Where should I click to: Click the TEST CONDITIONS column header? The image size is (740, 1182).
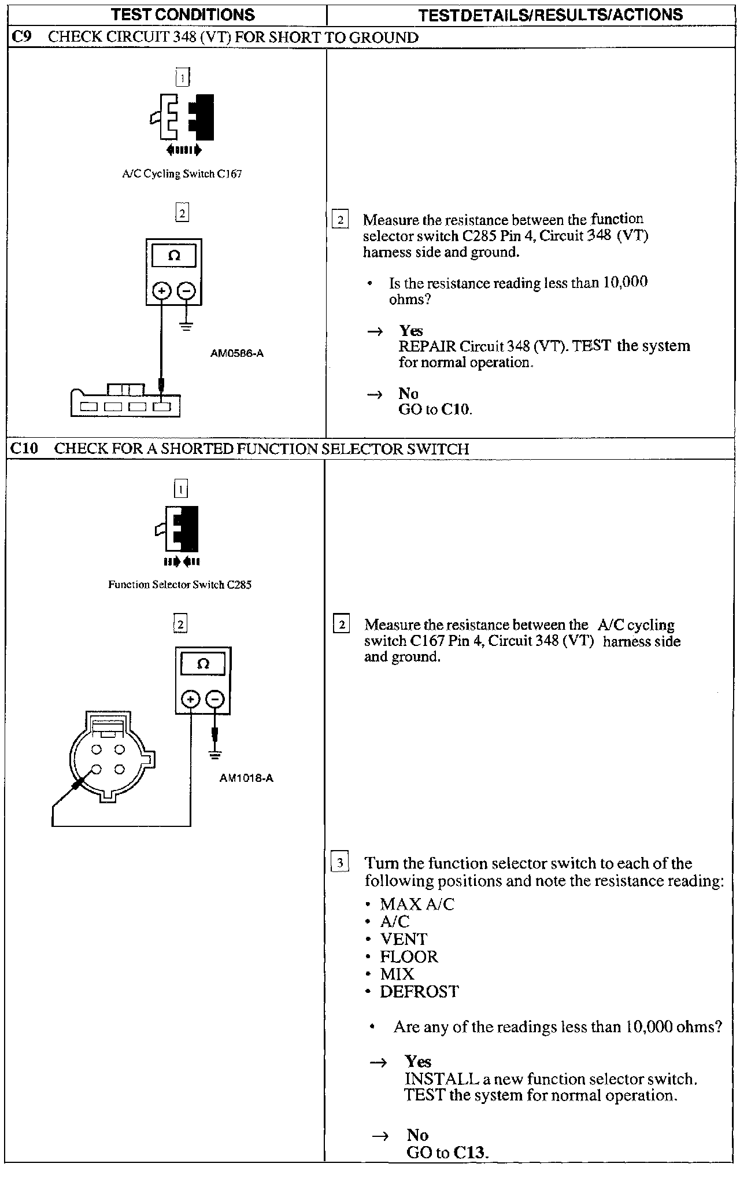[182, 14]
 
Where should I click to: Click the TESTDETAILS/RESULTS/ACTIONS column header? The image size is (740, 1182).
[550, 15]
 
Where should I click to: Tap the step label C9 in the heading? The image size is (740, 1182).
[22, 38]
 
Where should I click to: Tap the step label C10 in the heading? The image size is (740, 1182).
[25, 448]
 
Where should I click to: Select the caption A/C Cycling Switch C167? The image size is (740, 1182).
[182, 174]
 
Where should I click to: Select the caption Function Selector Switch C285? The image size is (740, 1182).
[180, 585]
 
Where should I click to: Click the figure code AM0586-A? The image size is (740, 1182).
[237, 353]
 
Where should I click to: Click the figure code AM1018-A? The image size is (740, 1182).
[246, 778]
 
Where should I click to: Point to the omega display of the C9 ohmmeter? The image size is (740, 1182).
[173, 256]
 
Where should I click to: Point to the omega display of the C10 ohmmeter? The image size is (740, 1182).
[203, 664]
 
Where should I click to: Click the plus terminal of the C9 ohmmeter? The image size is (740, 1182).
[162, 291]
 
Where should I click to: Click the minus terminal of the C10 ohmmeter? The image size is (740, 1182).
[215, 700]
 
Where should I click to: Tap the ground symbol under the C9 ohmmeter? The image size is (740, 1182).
[186, 326]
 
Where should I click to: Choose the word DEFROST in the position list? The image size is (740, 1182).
[419, 992]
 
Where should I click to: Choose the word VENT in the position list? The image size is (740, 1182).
[404, 939]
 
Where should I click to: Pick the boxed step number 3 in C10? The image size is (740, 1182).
[340, 863]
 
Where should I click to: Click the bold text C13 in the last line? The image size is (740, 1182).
[469, 1152]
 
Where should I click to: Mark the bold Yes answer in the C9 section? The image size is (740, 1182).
[411, 331]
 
